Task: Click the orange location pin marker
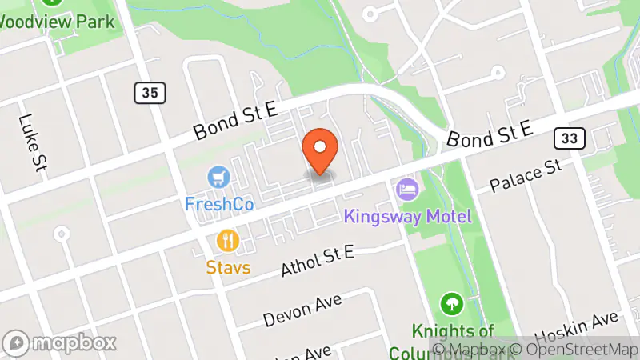coord(320,150)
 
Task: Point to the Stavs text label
coord(229,266)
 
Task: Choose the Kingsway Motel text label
coord(408,216)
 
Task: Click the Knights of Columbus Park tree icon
coord(452,304)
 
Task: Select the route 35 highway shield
coord(150,93)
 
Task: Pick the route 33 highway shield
coord(570,138)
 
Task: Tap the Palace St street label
coord(527,176)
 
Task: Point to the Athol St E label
coord(318,262)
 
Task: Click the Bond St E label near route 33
coord(490,134)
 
